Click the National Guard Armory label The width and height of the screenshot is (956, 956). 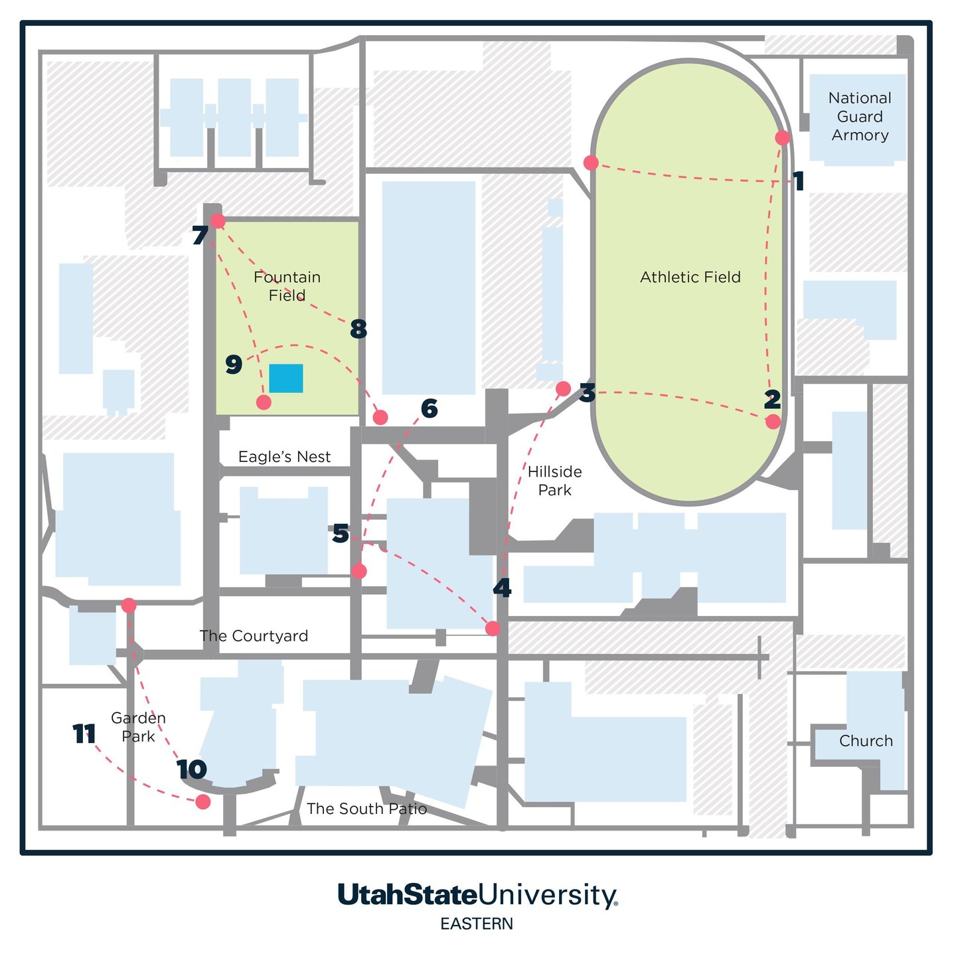pyautogui.click(x=860, y=116)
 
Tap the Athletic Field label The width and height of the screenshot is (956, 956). pyautogui.click(x=690, y=277)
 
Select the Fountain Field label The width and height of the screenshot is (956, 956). pyautogui.click(x=287, y=286)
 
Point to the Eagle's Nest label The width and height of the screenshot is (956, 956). pyautogui.click(x=284, y=457)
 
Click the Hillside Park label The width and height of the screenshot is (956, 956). pyautogui.click(x=554, y=481)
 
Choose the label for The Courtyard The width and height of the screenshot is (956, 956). pyautogui.click(x=254, y=635)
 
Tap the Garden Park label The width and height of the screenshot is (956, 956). pyautogui.click(x=138, y=727)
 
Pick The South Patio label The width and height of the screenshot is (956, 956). pyautogui.click(x=366, y=809)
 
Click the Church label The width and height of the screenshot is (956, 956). pyautogui.click(x=866, y=741)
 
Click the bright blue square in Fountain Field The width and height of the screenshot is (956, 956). pyautogui.click(x=286, y=378)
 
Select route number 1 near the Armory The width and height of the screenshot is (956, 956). pyautogui.click(x=799, y=181)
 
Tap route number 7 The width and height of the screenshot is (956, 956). pyautogui.click(x=200, y=235)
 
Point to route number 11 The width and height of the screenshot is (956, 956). pyautogui.click(x=84, y=734)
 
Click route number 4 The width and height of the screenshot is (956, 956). pyautogui.click(x=502, y=588)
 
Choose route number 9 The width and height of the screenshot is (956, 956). pyautogui.click(x=234, y=364)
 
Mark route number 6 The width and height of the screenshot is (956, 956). pyautogui.click(x=430, y=409)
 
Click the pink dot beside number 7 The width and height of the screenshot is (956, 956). pyautogui.click(x=218, y=221)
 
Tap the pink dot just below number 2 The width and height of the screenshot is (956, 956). pyautogui.click(x=773, y=422)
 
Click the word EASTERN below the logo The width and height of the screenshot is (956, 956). pyautogui.click(x=477, y=923)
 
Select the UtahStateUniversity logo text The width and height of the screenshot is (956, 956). pyautogui.click(x=477, y=895)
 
